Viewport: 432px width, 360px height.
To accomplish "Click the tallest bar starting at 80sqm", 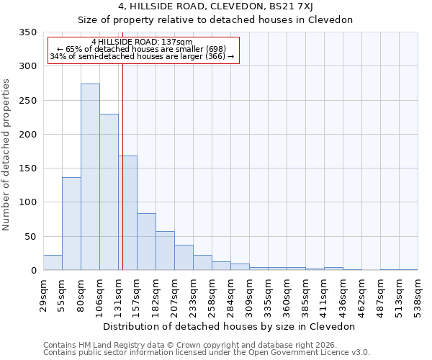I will click(90, 177).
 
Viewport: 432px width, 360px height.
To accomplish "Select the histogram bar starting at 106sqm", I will click(109, 192).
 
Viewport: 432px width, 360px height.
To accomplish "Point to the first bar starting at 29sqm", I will click(53, 263).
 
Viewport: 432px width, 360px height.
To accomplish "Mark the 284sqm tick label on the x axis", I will click(230, 296).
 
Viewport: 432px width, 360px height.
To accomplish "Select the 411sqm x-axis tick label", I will click(324, 296).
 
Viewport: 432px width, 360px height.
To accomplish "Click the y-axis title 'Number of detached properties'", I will click(6, 155).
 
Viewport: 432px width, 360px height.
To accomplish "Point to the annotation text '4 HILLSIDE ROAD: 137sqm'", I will click(142, 42).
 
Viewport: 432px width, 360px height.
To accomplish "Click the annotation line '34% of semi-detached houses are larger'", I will click(142, 56).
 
